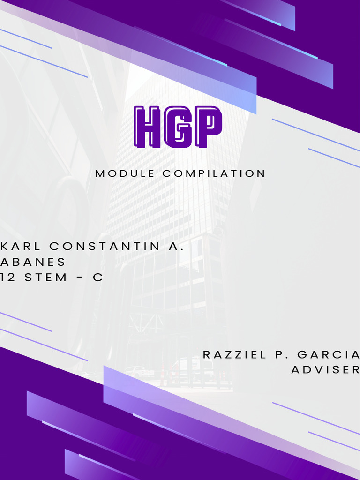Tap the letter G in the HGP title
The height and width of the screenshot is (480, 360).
(x=178, y=127)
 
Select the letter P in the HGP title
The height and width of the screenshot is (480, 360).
(x=207, y=126)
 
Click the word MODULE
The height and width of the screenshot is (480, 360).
(x=125, y=173)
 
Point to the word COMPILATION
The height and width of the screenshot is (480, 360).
(x=214, y=173)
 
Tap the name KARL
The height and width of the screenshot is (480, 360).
(x=21, y=247)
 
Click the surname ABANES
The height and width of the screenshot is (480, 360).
(x=33, y=262)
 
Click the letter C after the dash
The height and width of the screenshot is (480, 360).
(x=97, y=277)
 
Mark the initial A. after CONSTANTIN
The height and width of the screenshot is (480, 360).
(x=175, y=247)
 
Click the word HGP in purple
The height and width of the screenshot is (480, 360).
(x=178, y=127)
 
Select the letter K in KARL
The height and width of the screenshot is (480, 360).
(x=4, y=247)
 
